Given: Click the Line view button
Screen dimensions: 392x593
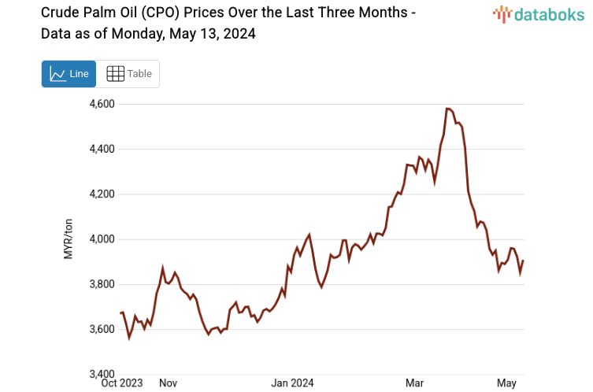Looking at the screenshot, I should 69,74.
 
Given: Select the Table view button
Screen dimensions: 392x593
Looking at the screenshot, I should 129,74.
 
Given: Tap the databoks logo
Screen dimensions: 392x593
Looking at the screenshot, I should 539,13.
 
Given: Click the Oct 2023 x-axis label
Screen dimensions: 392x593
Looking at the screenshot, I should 123,383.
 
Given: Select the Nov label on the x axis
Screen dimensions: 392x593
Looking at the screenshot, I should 168,383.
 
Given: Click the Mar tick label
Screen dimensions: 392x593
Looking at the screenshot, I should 415,383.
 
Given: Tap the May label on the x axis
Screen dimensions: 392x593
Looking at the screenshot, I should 506,383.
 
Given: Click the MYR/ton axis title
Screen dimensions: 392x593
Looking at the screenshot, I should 69,239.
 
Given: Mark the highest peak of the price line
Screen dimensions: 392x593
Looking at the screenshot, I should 447,109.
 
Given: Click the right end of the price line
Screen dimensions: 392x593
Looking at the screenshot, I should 523,261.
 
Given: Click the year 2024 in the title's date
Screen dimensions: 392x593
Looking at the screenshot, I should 238,35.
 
